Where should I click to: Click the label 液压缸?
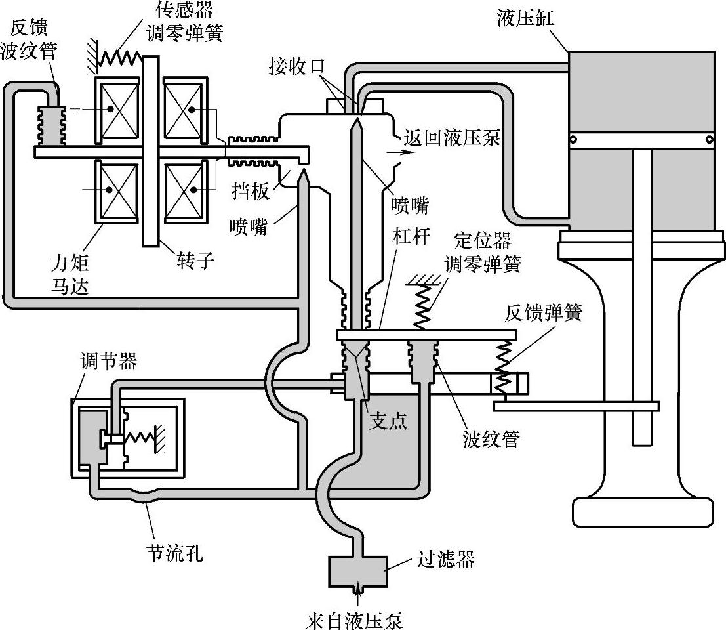click(525, 18)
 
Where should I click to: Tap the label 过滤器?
click(446, 559)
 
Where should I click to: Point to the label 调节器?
click(110, 361)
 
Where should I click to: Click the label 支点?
click(388, 421)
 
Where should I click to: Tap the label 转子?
click(195, 261)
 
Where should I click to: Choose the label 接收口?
click(297, 66)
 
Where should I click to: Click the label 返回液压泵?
click(452, 138)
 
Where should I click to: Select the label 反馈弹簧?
click(543, 313)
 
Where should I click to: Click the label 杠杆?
click(411, 236)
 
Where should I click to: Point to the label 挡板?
click(251, 190)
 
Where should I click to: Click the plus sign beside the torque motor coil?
click(75, 109)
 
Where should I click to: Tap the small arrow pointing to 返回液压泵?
click(395, 152)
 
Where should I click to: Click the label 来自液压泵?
click(354, 620)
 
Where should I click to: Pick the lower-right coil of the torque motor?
click(184, 190)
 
